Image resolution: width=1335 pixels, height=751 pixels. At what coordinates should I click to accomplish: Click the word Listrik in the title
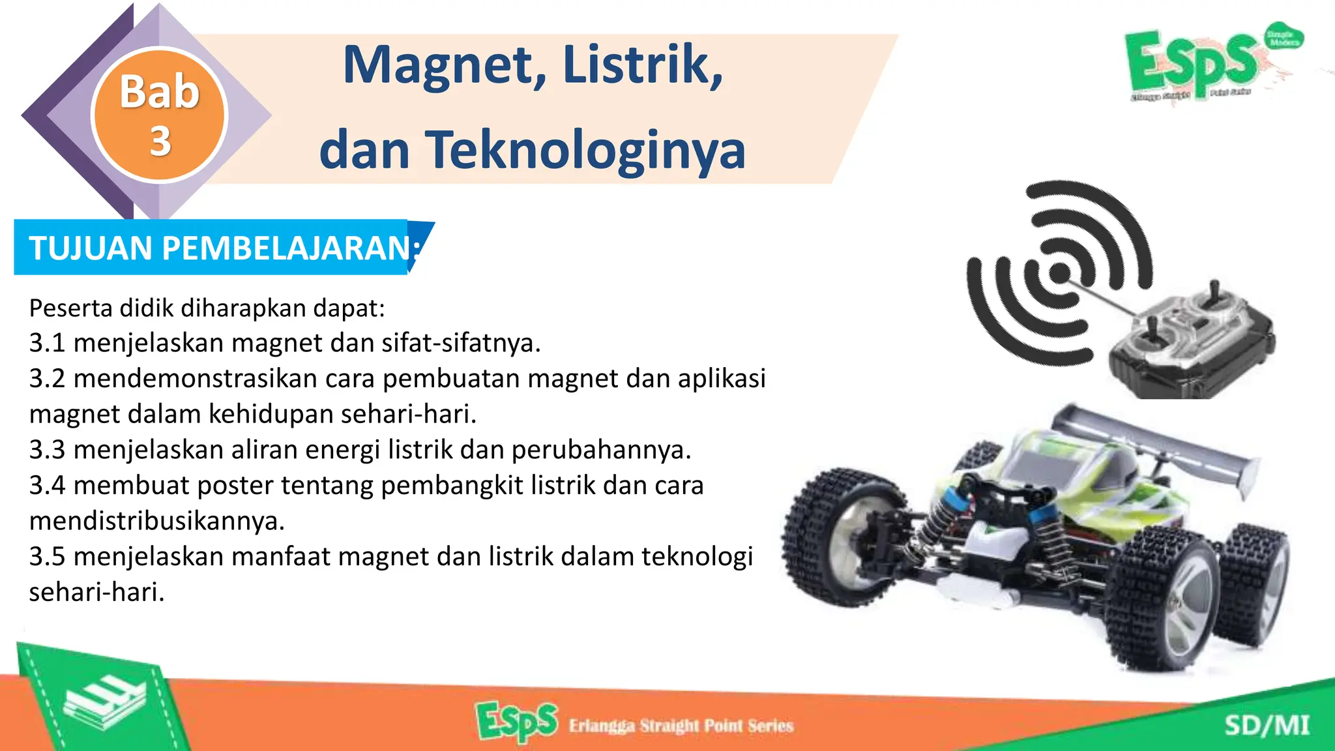point(642,66)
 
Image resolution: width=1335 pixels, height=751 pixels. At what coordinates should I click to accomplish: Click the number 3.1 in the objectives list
point(47,343)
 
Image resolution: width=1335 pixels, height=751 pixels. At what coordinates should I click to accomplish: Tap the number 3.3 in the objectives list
point(47,450)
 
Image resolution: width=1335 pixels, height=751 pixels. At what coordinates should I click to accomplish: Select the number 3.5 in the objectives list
point(47,557)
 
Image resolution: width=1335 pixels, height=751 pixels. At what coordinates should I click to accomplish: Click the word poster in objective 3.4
point(235,486)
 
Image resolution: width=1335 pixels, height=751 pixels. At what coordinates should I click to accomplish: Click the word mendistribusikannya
point(157,521)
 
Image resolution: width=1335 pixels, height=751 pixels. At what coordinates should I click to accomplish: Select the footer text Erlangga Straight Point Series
point(681,726)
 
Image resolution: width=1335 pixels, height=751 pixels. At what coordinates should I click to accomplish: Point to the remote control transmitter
point(1193,346)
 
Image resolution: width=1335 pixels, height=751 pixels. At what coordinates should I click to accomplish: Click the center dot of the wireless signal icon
point(1060,272)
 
